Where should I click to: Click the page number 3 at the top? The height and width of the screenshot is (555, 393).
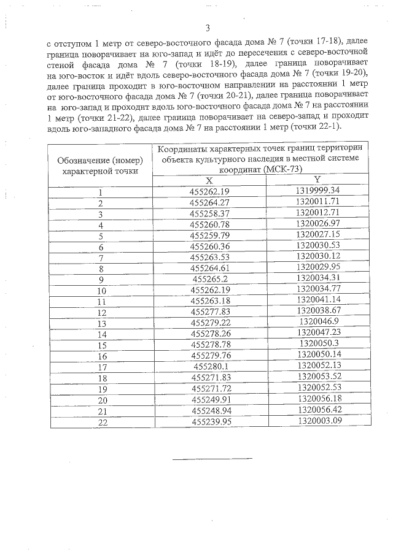[208, 28]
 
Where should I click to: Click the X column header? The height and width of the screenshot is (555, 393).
[209, 180]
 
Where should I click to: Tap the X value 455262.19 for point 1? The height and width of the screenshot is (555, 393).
[209, 191]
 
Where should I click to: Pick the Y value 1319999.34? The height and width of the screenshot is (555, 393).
[317, 189]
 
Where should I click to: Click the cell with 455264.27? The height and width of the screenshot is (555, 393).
[209, 202]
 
